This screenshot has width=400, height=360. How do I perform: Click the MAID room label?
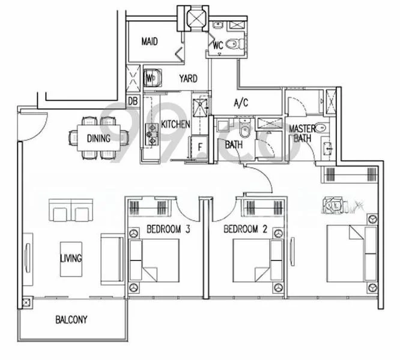(150, 41)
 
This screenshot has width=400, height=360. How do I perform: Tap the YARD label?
(188, 79)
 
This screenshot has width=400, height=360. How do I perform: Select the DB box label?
(133, 101)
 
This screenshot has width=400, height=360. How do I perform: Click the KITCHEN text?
(175, 124)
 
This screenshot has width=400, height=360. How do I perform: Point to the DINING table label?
(98, 139)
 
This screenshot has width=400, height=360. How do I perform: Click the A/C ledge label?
(241, 103)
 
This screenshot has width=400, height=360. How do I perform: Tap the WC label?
(218, 46)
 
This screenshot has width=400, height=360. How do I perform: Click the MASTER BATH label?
(302, 133)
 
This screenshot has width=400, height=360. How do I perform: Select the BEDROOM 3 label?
(168, 229)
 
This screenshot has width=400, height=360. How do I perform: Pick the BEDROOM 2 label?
(246, 229)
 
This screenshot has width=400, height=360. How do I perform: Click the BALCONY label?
(71, 319)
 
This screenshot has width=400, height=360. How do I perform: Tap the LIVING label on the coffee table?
(71, 258)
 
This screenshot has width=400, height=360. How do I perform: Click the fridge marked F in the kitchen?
(198, 148)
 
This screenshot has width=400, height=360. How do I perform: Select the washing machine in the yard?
(153, 78)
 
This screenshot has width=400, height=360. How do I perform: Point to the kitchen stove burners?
(151, 134)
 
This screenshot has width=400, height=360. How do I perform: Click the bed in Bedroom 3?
(154, 260)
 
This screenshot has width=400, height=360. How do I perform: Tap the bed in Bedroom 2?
(258, 260)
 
